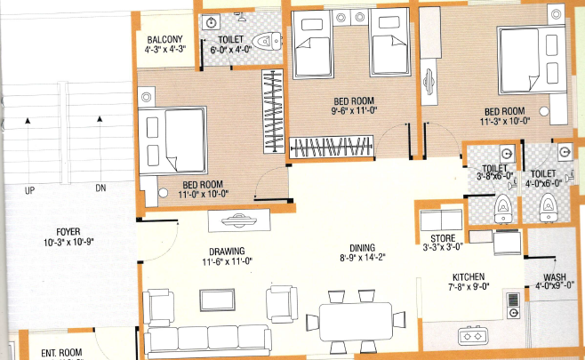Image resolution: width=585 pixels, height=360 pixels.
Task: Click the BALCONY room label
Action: tap(164, 39)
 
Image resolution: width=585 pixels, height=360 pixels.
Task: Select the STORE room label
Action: tap(441, 237)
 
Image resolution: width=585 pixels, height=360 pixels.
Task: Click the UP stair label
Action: tap(30, 188)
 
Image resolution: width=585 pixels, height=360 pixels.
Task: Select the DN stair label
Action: tap(100, 188)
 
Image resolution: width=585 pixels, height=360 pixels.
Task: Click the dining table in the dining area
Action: tap(355, 317)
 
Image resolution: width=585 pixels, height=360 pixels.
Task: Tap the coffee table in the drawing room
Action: tap(217, 300)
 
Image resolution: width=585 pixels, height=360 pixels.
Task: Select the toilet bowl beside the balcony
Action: tap(264, 41)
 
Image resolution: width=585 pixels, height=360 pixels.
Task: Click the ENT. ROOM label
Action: tap(58, 353)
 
